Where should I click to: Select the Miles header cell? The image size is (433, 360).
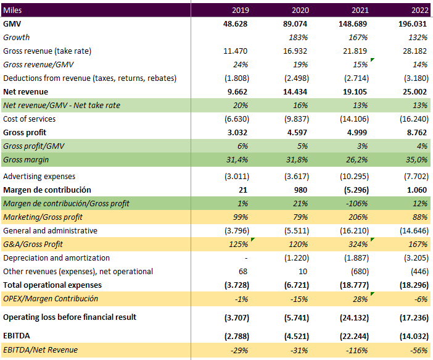pos(13,10)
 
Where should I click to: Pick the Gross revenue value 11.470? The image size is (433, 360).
pos(236,51)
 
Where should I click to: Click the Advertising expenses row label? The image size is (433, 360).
pos(38,176)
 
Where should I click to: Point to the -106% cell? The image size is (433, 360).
pos(359,203)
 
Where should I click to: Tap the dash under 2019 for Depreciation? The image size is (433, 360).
pos(245,257)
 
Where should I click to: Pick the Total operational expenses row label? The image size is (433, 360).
pos(52,285)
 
